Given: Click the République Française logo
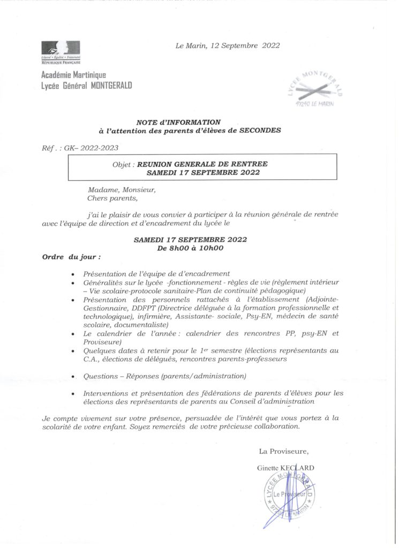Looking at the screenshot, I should (x=61, y=52).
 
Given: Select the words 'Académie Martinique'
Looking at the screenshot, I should (x=73, y=75).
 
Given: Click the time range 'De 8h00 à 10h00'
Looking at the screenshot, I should (x=190, y=248).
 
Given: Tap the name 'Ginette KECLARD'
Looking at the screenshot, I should (x=285, y=468).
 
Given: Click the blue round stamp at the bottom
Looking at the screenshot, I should (x=290, y=494).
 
